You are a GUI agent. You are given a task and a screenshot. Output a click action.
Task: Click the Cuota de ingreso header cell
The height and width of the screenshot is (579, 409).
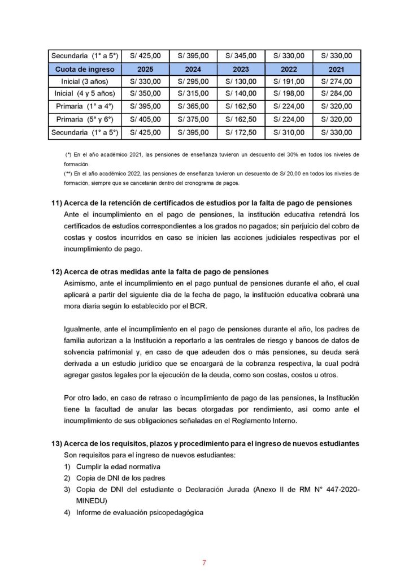(x=85, y=69)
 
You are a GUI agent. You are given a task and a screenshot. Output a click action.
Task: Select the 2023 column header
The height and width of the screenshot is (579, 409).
(x=241, y=69)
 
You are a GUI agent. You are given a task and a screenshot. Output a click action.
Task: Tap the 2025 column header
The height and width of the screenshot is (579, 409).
(x=146, y=69)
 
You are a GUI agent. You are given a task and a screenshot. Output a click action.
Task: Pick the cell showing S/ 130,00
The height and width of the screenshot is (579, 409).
(x=241, y=81)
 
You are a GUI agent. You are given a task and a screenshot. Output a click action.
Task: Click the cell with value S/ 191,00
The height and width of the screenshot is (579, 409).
(x=289, y=81)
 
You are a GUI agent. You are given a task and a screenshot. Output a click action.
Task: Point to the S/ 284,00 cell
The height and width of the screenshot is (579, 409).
(x=337, y=93)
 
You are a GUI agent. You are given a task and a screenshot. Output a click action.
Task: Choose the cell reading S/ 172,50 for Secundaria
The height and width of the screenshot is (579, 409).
(x=241, y=132)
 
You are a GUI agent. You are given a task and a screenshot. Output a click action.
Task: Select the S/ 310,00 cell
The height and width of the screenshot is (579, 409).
(x=289, y=132)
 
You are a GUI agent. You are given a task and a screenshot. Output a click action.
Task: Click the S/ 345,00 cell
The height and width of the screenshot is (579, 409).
(x=241, y=56)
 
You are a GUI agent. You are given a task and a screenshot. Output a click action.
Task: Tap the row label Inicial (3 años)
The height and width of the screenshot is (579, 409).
(x=85, y=81)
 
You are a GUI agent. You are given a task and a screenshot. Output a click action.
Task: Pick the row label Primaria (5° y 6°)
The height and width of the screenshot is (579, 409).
(x=85, y=119)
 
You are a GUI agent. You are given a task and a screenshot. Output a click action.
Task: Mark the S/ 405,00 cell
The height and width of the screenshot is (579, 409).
(x=146, y=119)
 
